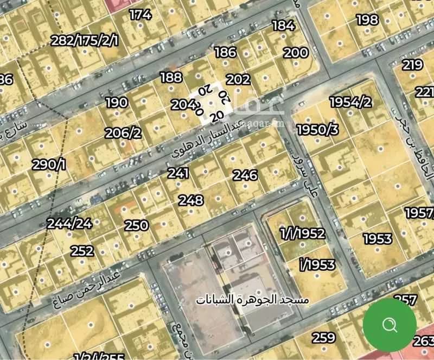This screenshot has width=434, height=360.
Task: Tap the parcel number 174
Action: [x=140, y=15]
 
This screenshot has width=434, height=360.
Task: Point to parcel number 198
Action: [x=367, y=20]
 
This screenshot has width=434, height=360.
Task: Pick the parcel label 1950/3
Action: [x=318, y=130]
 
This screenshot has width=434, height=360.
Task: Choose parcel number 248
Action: [x=191, y=200]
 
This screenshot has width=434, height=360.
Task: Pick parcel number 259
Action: [x=323, y=338]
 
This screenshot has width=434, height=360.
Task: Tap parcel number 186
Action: [x=225, y=52]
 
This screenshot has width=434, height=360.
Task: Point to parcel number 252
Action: [x=82, y=251]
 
